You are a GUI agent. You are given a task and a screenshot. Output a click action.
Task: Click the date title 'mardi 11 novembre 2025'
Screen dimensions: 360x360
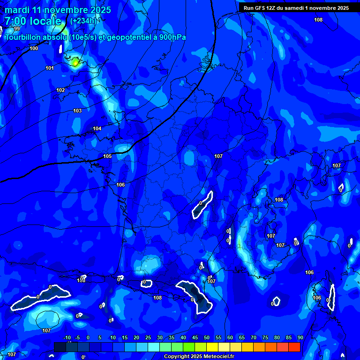58,10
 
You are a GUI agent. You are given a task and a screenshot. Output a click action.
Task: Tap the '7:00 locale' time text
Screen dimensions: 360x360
33,21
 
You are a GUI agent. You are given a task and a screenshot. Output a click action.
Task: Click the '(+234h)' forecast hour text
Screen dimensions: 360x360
82,21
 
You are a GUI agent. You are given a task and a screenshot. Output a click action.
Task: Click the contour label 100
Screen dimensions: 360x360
34,48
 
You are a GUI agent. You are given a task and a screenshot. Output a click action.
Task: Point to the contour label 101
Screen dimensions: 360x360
49,68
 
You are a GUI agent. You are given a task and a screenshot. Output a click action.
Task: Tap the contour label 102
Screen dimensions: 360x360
60,90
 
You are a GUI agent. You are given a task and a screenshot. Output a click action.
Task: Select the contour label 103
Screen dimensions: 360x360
77,111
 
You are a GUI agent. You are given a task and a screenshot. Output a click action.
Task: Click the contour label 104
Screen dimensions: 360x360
97,128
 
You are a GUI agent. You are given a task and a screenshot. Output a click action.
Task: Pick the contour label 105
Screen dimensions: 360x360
107,156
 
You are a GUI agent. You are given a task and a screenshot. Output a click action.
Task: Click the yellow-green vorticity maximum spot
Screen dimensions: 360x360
75,62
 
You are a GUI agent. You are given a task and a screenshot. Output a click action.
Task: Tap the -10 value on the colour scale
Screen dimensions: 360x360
67,338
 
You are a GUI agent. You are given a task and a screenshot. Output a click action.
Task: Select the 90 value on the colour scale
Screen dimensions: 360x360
300,338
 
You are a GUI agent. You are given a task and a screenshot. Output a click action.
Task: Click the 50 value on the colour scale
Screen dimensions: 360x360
207,338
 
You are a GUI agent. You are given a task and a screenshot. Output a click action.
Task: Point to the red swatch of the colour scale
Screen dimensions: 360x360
294,347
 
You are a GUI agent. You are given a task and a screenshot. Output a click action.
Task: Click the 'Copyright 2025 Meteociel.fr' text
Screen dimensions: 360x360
199,357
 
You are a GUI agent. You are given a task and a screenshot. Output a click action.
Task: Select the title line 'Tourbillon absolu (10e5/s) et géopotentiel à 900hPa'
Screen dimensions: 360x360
95,37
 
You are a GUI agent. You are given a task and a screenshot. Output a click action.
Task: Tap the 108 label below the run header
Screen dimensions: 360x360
318,20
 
